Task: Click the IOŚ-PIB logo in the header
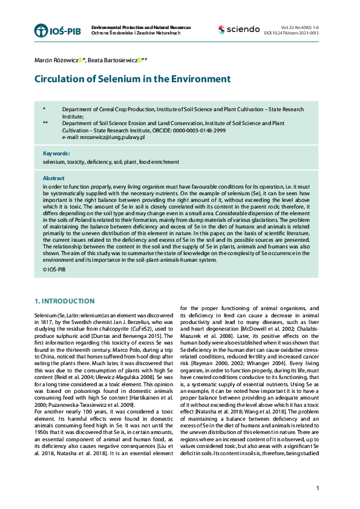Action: tap(57, 30)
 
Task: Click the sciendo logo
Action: tap(239, 30)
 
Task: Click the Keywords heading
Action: tap(56, 154)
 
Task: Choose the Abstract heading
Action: tap(53, 178)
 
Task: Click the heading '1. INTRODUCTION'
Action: tap(64, 301)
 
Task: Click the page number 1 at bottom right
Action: tap(317, 488)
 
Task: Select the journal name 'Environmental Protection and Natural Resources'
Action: tap(140, 28)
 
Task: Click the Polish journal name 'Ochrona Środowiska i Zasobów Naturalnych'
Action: tap(136, 33)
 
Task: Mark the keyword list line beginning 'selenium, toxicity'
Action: tap(111, 162)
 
